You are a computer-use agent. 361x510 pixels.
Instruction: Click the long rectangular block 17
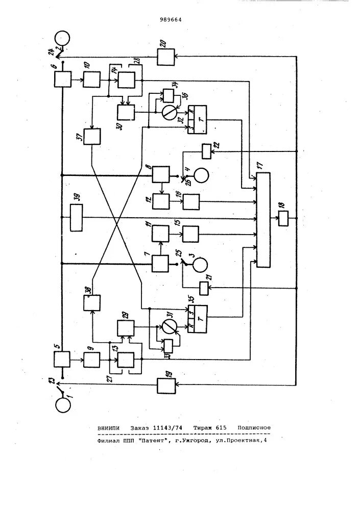[264, 219]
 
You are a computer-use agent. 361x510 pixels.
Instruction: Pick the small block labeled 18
[283, 219]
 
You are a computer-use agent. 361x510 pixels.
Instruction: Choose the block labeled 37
[92, 136]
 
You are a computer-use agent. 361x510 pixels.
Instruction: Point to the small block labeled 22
[206, 151]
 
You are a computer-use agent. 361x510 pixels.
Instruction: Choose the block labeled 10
[92, 79]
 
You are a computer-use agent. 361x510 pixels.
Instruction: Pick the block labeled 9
[92, 361]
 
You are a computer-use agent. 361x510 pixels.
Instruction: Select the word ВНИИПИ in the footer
[111, 428]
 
